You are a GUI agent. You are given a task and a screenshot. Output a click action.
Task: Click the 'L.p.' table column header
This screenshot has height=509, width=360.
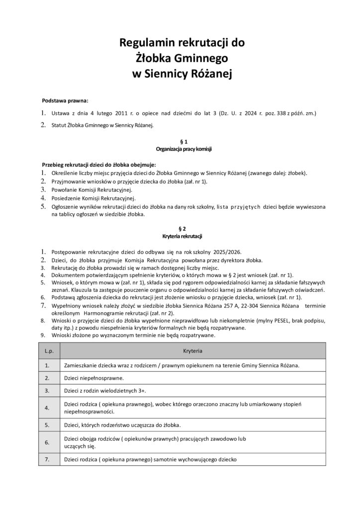(49, 351)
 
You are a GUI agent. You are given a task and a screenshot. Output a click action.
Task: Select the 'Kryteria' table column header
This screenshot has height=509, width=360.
(192, 351)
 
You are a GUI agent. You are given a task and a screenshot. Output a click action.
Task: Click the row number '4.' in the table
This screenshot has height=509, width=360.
(47, 408)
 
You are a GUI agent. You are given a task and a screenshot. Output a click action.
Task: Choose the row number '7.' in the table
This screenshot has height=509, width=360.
(47, 459)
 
